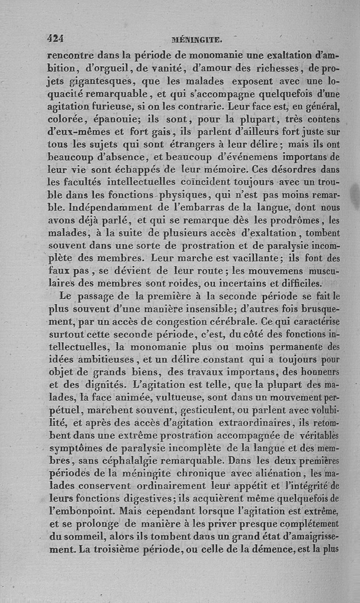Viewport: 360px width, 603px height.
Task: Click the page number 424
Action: pos(56,39)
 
